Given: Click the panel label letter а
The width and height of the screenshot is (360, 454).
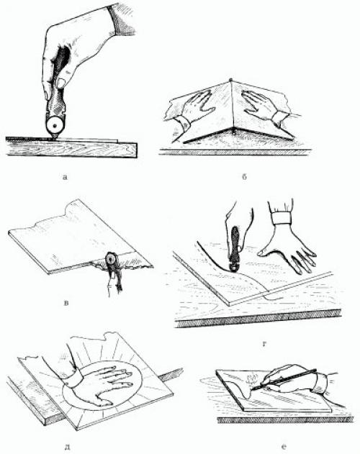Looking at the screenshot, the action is pos(65,176).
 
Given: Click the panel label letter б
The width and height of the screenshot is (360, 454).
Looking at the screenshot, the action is pos(244,176).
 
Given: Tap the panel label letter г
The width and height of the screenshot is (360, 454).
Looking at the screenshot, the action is pos(264,344).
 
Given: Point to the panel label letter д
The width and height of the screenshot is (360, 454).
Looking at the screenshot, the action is pos(67,448).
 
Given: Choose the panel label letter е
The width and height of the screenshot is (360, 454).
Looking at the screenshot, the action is pos(284,448).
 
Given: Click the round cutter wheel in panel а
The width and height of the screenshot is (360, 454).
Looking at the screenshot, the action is pos(54,126).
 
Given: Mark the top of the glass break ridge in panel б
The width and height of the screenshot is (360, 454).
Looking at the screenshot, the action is pos(231,80).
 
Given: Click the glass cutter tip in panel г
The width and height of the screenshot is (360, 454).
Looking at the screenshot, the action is pos(233,268).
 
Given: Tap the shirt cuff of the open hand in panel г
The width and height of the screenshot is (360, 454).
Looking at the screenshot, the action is pos(281,218).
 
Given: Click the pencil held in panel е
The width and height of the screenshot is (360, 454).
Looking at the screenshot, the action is pos(285,378).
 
